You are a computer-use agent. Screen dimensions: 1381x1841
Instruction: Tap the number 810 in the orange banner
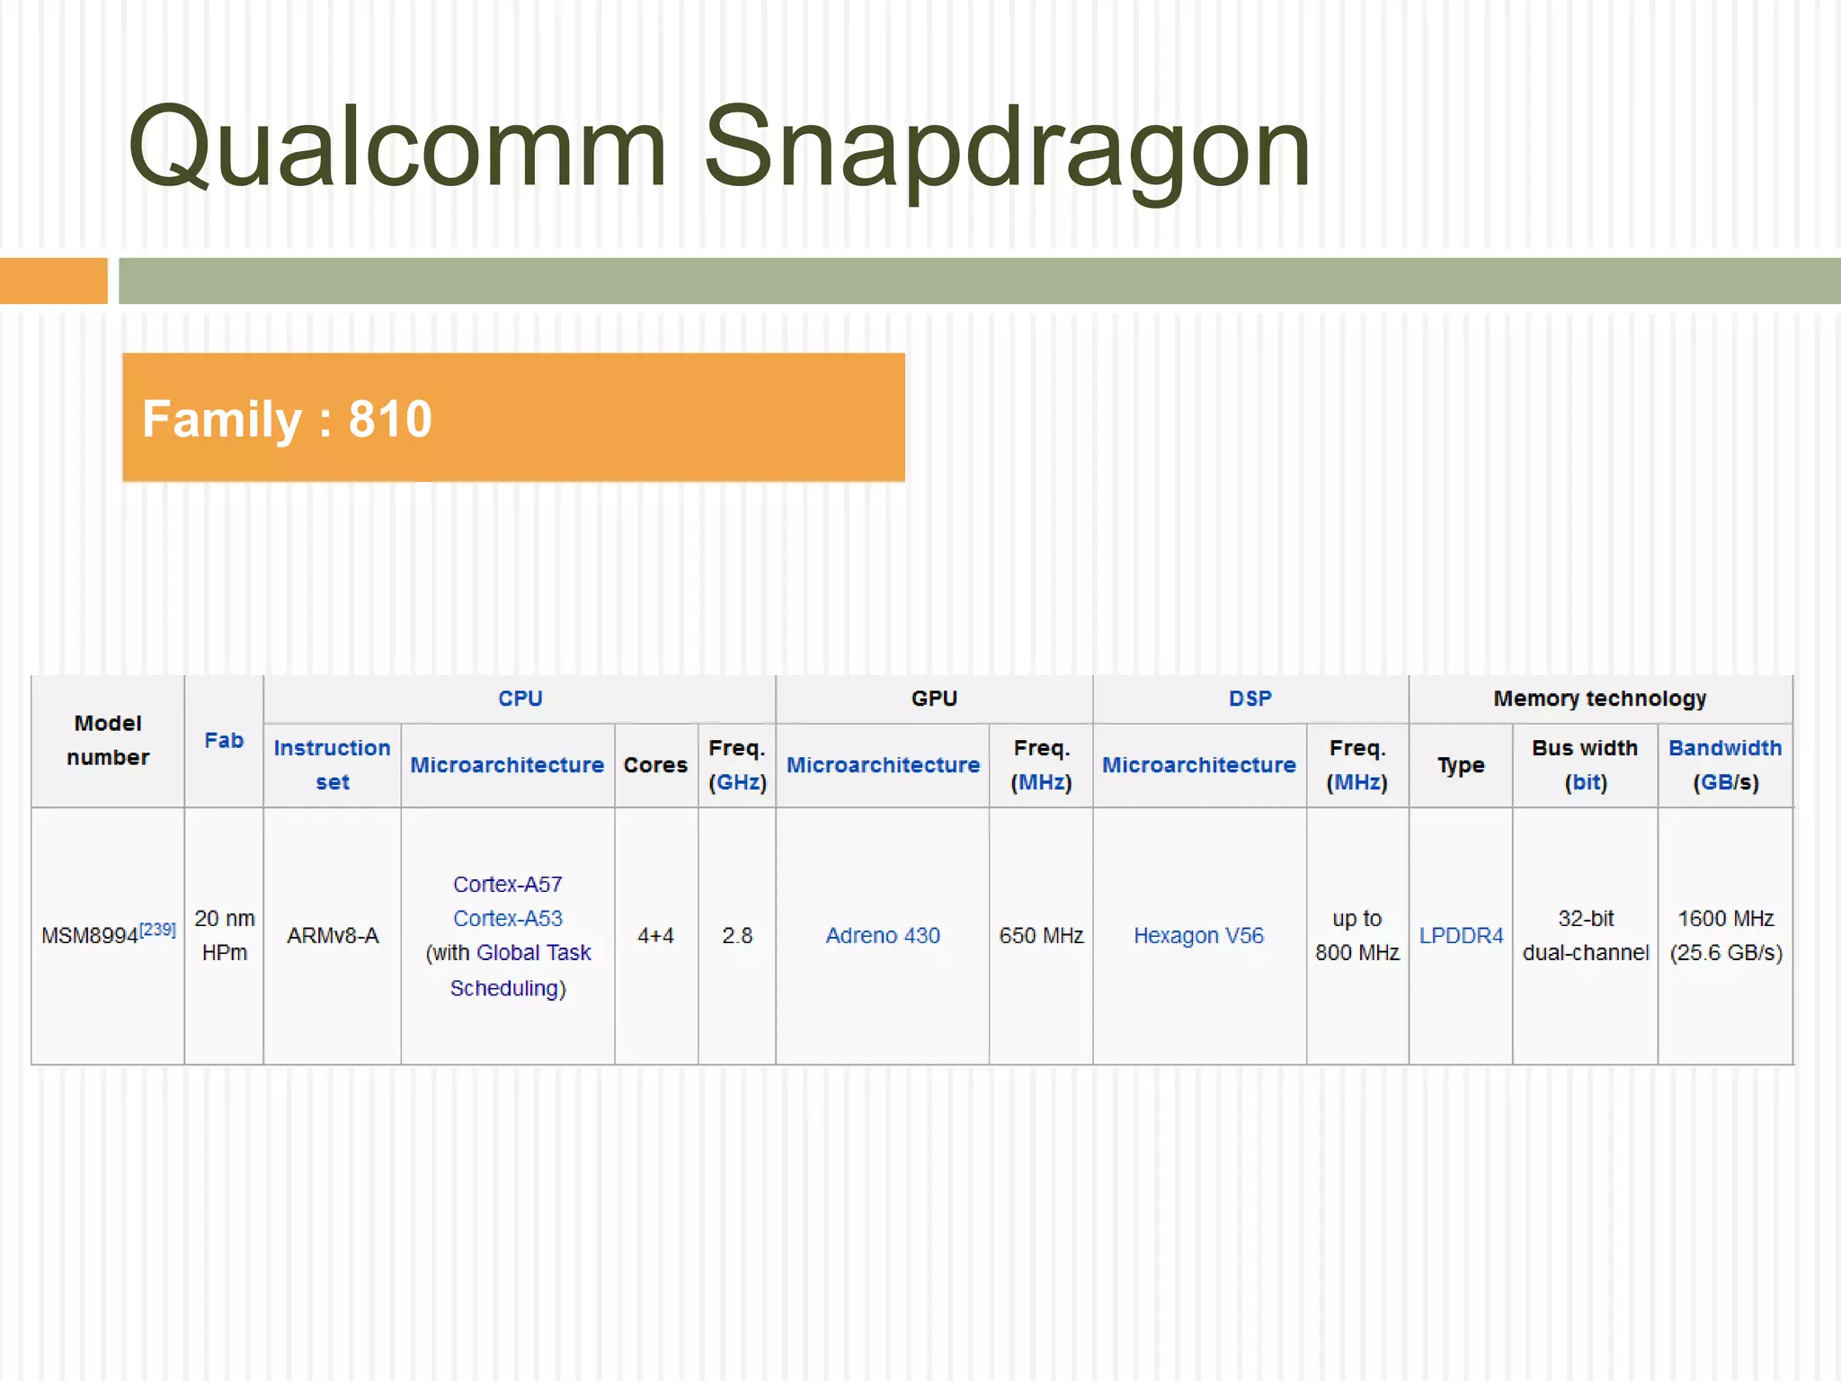point(390,419)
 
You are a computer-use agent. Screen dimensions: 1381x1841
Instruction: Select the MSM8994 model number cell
point(90,936)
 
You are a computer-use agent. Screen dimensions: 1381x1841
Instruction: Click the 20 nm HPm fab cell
point(224,935)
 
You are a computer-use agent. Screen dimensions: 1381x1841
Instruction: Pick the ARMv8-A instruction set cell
point(333,936)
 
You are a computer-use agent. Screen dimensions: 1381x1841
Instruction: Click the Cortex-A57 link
point(507,885)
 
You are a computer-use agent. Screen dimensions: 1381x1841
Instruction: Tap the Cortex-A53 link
point(507,919)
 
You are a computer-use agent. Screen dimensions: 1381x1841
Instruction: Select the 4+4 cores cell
point(655,936)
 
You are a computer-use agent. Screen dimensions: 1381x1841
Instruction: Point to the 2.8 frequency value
point(737,936)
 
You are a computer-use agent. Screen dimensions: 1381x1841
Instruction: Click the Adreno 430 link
point(883,936)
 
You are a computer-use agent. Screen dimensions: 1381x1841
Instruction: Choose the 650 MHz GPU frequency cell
point(1041,936)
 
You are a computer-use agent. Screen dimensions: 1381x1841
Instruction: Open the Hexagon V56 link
point(1198,936)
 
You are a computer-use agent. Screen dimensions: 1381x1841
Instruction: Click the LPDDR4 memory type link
point(1461,936)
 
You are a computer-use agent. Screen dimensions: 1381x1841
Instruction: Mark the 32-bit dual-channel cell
point(1586,935)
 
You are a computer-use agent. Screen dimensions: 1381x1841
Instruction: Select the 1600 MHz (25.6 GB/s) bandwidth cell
point(1725,935)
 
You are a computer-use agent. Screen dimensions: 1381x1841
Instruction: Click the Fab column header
point(224,741)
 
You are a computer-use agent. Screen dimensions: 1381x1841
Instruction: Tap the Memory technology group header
point(1600,699)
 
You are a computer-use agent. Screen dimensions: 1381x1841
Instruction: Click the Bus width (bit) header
point(1585,765)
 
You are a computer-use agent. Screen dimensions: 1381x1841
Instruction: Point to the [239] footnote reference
point(158,929)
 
